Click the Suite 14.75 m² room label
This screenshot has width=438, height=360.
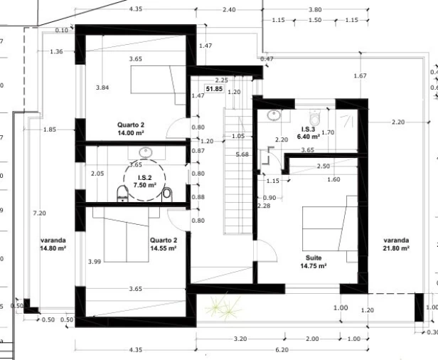pyautogui.click(x=314, y=262)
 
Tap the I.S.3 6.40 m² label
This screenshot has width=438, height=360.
pyautogui.click(x=309, y=133)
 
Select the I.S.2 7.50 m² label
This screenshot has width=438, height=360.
pyautogui.click(x=145, y=181)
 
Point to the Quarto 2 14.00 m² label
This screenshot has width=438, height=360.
pyautogui.click(x=131, y=129)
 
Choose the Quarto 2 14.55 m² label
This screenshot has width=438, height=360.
pyautogui.click(x=164, y=244)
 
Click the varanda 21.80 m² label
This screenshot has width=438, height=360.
pyautogui.click(x=396, y=244)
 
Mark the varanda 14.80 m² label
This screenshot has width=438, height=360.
pyautogui.click(x=53, y=244)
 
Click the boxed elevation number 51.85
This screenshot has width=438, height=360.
pyautogui.click(x=214, y=89)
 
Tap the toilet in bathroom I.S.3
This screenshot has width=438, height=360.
pyautogui.click(x=315, y=117)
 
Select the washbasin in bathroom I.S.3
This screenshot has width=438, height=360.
pyautogui.click(x=274, y=115)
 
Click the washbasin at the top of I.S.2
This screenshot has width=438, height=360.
pyautogui.click(x=146, y=152)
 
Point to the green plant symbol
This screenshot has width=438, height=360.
pyautogui.click(x=223, y=306)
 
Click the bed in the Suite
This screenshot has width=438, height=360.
pyautogui.click(x=330, y=228)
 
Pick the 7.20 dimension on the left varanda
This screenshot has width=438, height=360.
pyautogui.click(x=39, y=213)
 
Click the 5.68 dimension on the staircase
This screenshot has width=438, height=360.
pyautogui.click(x=242, y=154)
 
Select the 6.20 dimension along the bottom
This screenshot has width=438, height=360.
pyautogui.click(x=282, y=349)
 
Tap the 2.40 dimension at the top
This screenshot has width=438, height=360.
pyautogui.click(x=229, y=10)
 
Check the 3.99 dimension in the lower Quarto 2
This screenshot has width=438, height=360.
pyautogui.click(x=95, y=262)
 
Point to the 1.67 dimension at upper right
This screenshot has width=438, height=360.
pyautogui.click(x=360, y=75)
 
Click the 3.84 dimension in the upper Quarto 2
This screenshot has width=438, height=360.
pyautogui.click(x=102, y=88)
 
